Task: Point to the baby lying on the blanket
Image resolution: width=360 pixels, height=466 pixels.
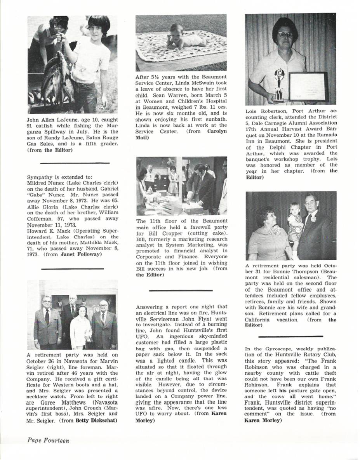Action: (186, 38)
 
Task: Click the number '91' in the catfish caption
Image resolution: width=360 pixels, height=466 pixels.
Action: (31, 125)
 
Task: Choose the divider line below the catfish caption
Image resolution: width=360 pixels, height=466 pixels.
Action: (75, 163)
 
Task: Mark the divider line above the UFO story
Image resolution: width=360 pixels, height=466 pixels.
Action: (181, 290)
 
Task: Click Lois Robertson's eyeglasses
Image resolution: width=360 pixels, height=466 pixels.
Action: (285, 35)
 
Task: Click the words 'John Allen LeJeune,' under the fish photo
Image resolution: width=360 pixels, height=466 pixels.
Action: (50, 119)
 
